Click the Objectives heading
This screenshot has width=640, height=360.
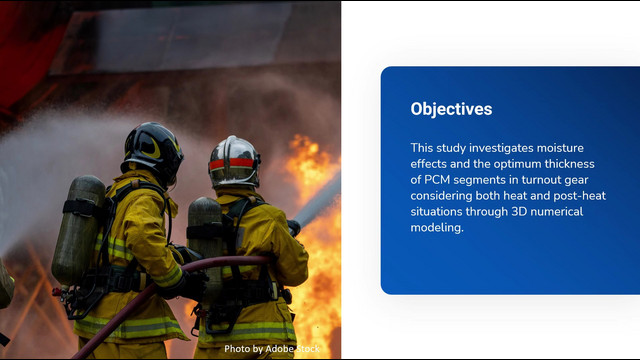click(x=451, y=109)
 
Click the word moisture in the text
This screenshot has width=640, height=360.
click(x=560, y=148)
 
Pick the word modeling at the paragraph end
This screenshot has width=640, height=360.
click(x=437, y=228)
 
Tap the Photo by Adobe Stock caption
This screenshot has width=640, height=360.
click(x=272, y=349)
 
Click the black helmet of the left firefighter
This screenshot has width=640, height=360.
click(x=152, y=152)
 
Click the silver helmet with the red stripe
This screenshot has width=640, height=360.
click(x=234, y=161)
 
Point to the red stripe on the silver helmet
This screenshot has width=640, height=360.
click(x=231, y=164)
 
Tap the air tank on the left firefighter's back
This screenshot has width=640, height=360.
click(x=78, y=230)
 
